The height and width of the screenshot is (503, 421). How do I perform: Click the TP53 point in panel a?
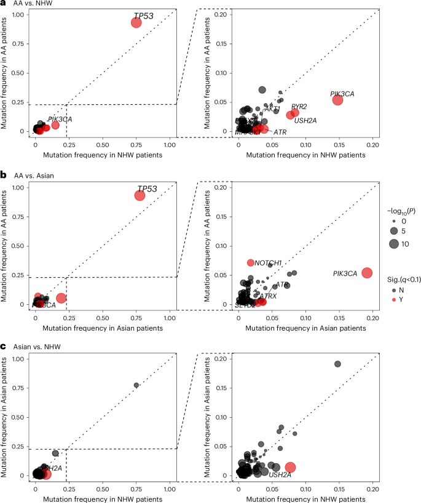point(136,23)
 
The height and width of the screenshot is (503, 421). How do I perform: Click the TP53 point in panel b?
point(140,195)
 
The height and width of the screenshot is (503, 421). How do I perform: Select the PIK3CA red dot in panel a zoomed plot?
point(337,100)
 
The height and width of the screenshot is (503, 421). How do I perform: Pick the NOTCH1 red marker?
point(251,263)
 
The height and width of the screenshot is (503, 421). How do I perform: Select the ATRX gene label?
point(268,296)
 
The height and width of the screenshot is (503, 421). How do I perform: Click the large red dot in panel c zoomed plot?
point(290,467)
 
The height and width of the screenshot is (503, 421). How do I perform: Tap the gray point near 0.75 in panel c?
point(136,385)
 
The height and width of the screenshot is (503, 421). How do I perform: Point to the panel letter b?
point(4,175)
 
